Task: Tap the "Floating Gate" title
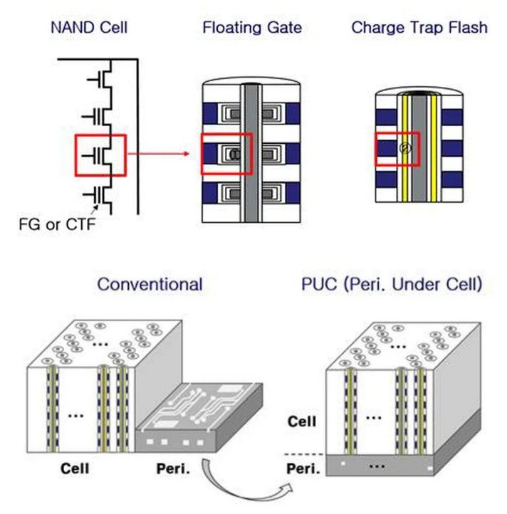(x=252, y=28)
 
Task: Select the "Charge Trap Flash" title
(x=419, y=28)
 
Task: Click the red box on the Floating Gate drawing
(x=226, y=152)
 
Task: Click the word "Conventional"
(x=150, y=285)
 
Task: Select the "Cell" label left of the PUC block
(x=301, y=421)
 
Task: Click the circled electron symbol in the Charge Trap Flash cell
(x=402, y=148)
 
